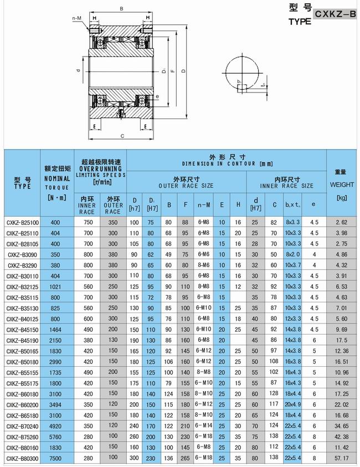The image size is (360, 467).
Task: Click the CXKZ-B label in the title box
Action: pos(334,15)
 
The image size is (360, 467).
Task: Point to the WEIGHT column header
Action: pos(341,183)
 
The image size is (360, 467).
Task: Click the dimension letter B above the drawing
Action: pos(121,8)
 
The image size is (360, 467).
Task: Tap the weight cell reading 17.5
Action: pos(341,340)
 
